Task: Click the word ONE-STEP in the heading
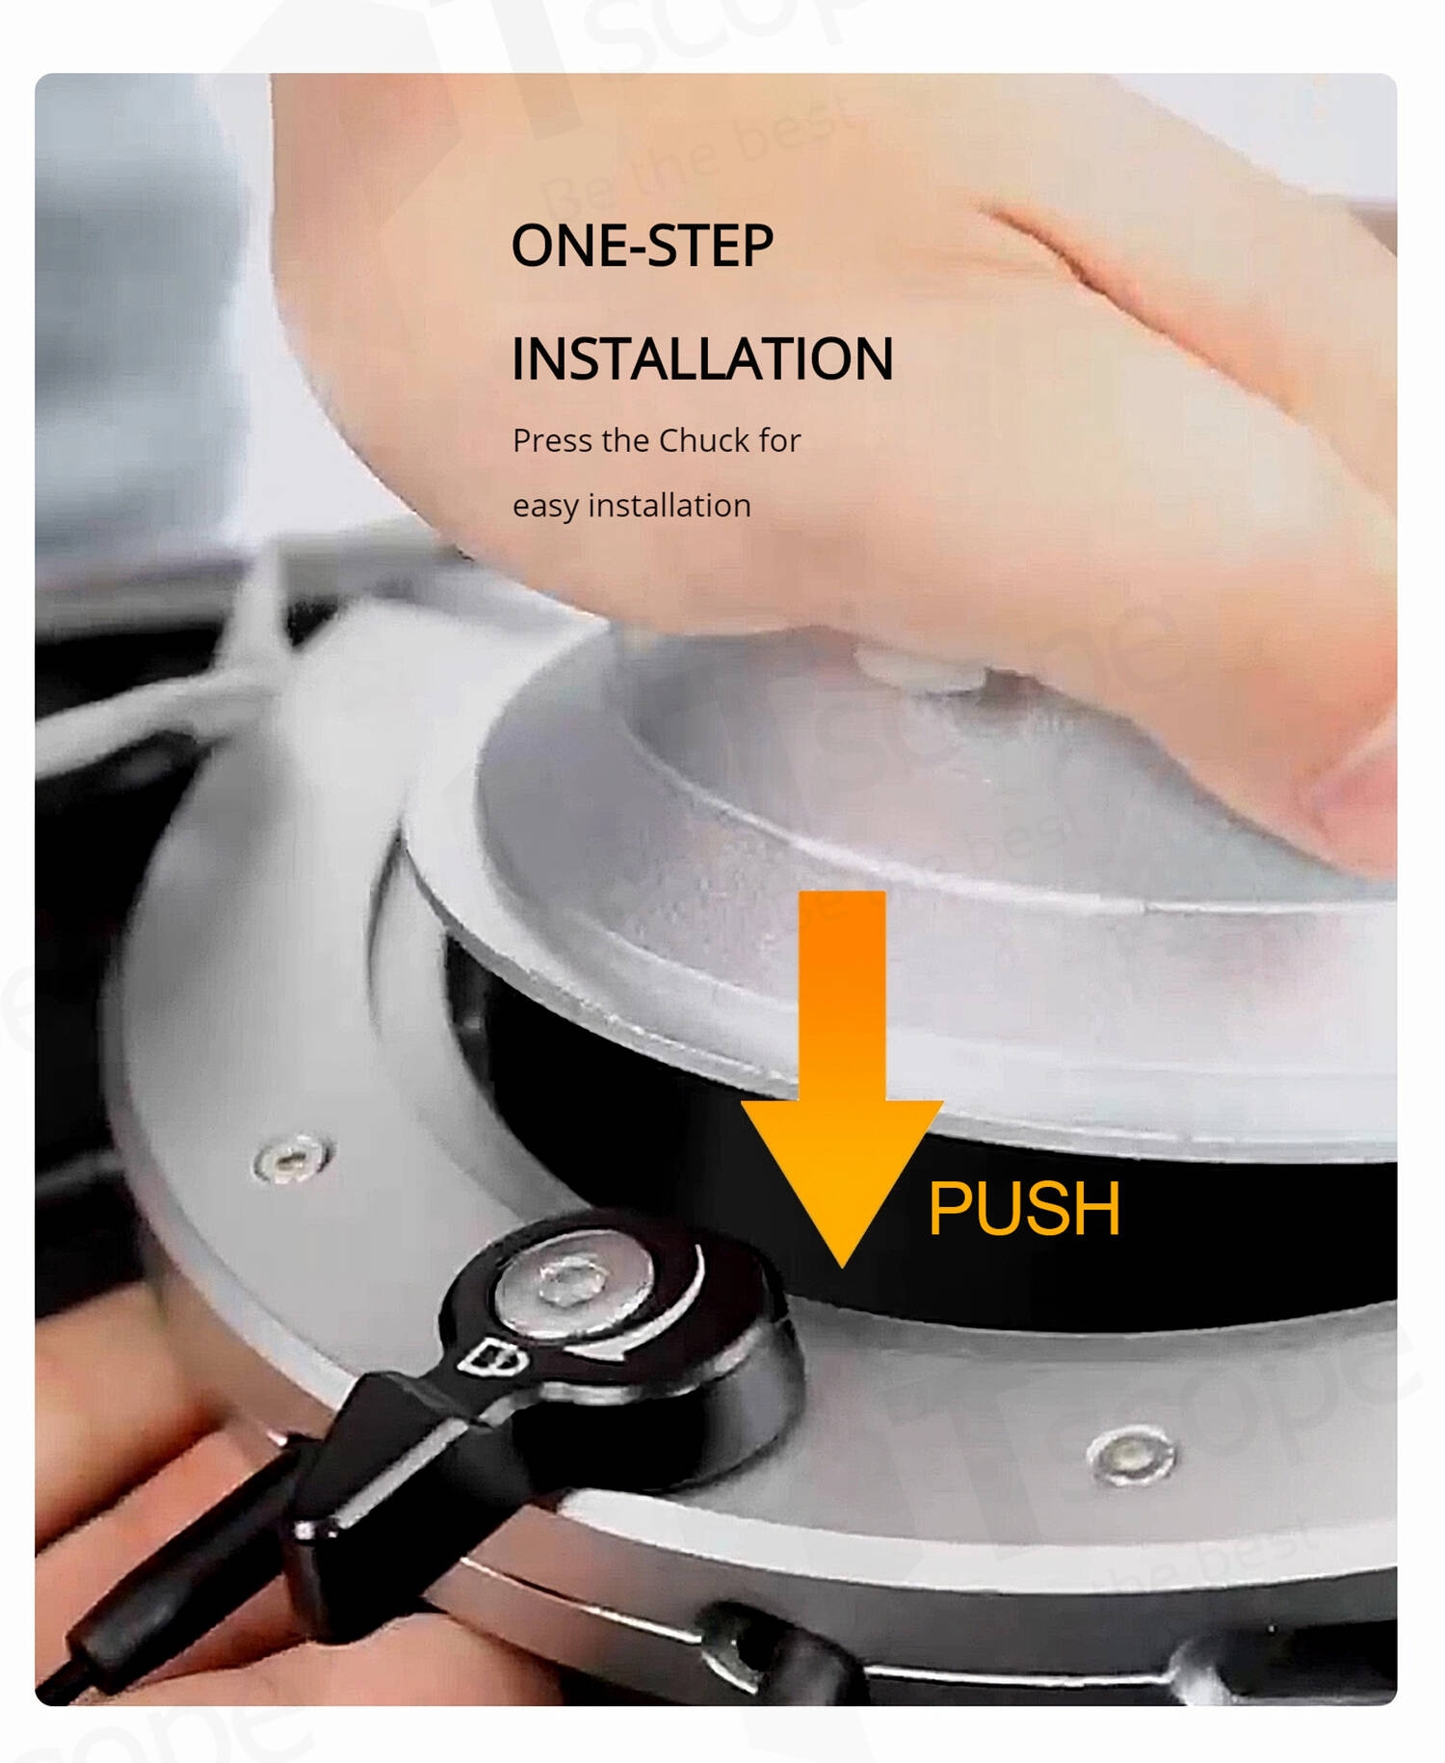pos(642,246)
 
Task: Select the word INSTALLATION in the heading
pos(702,358)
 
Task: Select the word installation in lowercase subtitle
pos(670,505)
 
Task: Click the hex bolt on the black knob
pos(571,1282)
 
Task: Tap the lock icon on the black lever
pos(492,1358)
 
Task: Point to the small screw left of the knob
pos(291,1158)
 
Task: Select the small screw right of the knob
pos(1131,1455)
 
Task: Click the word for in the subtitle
pos(779,440)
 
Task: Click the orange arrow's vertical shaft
pos(842,997)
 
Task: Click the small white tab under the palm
pos(915,670)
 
